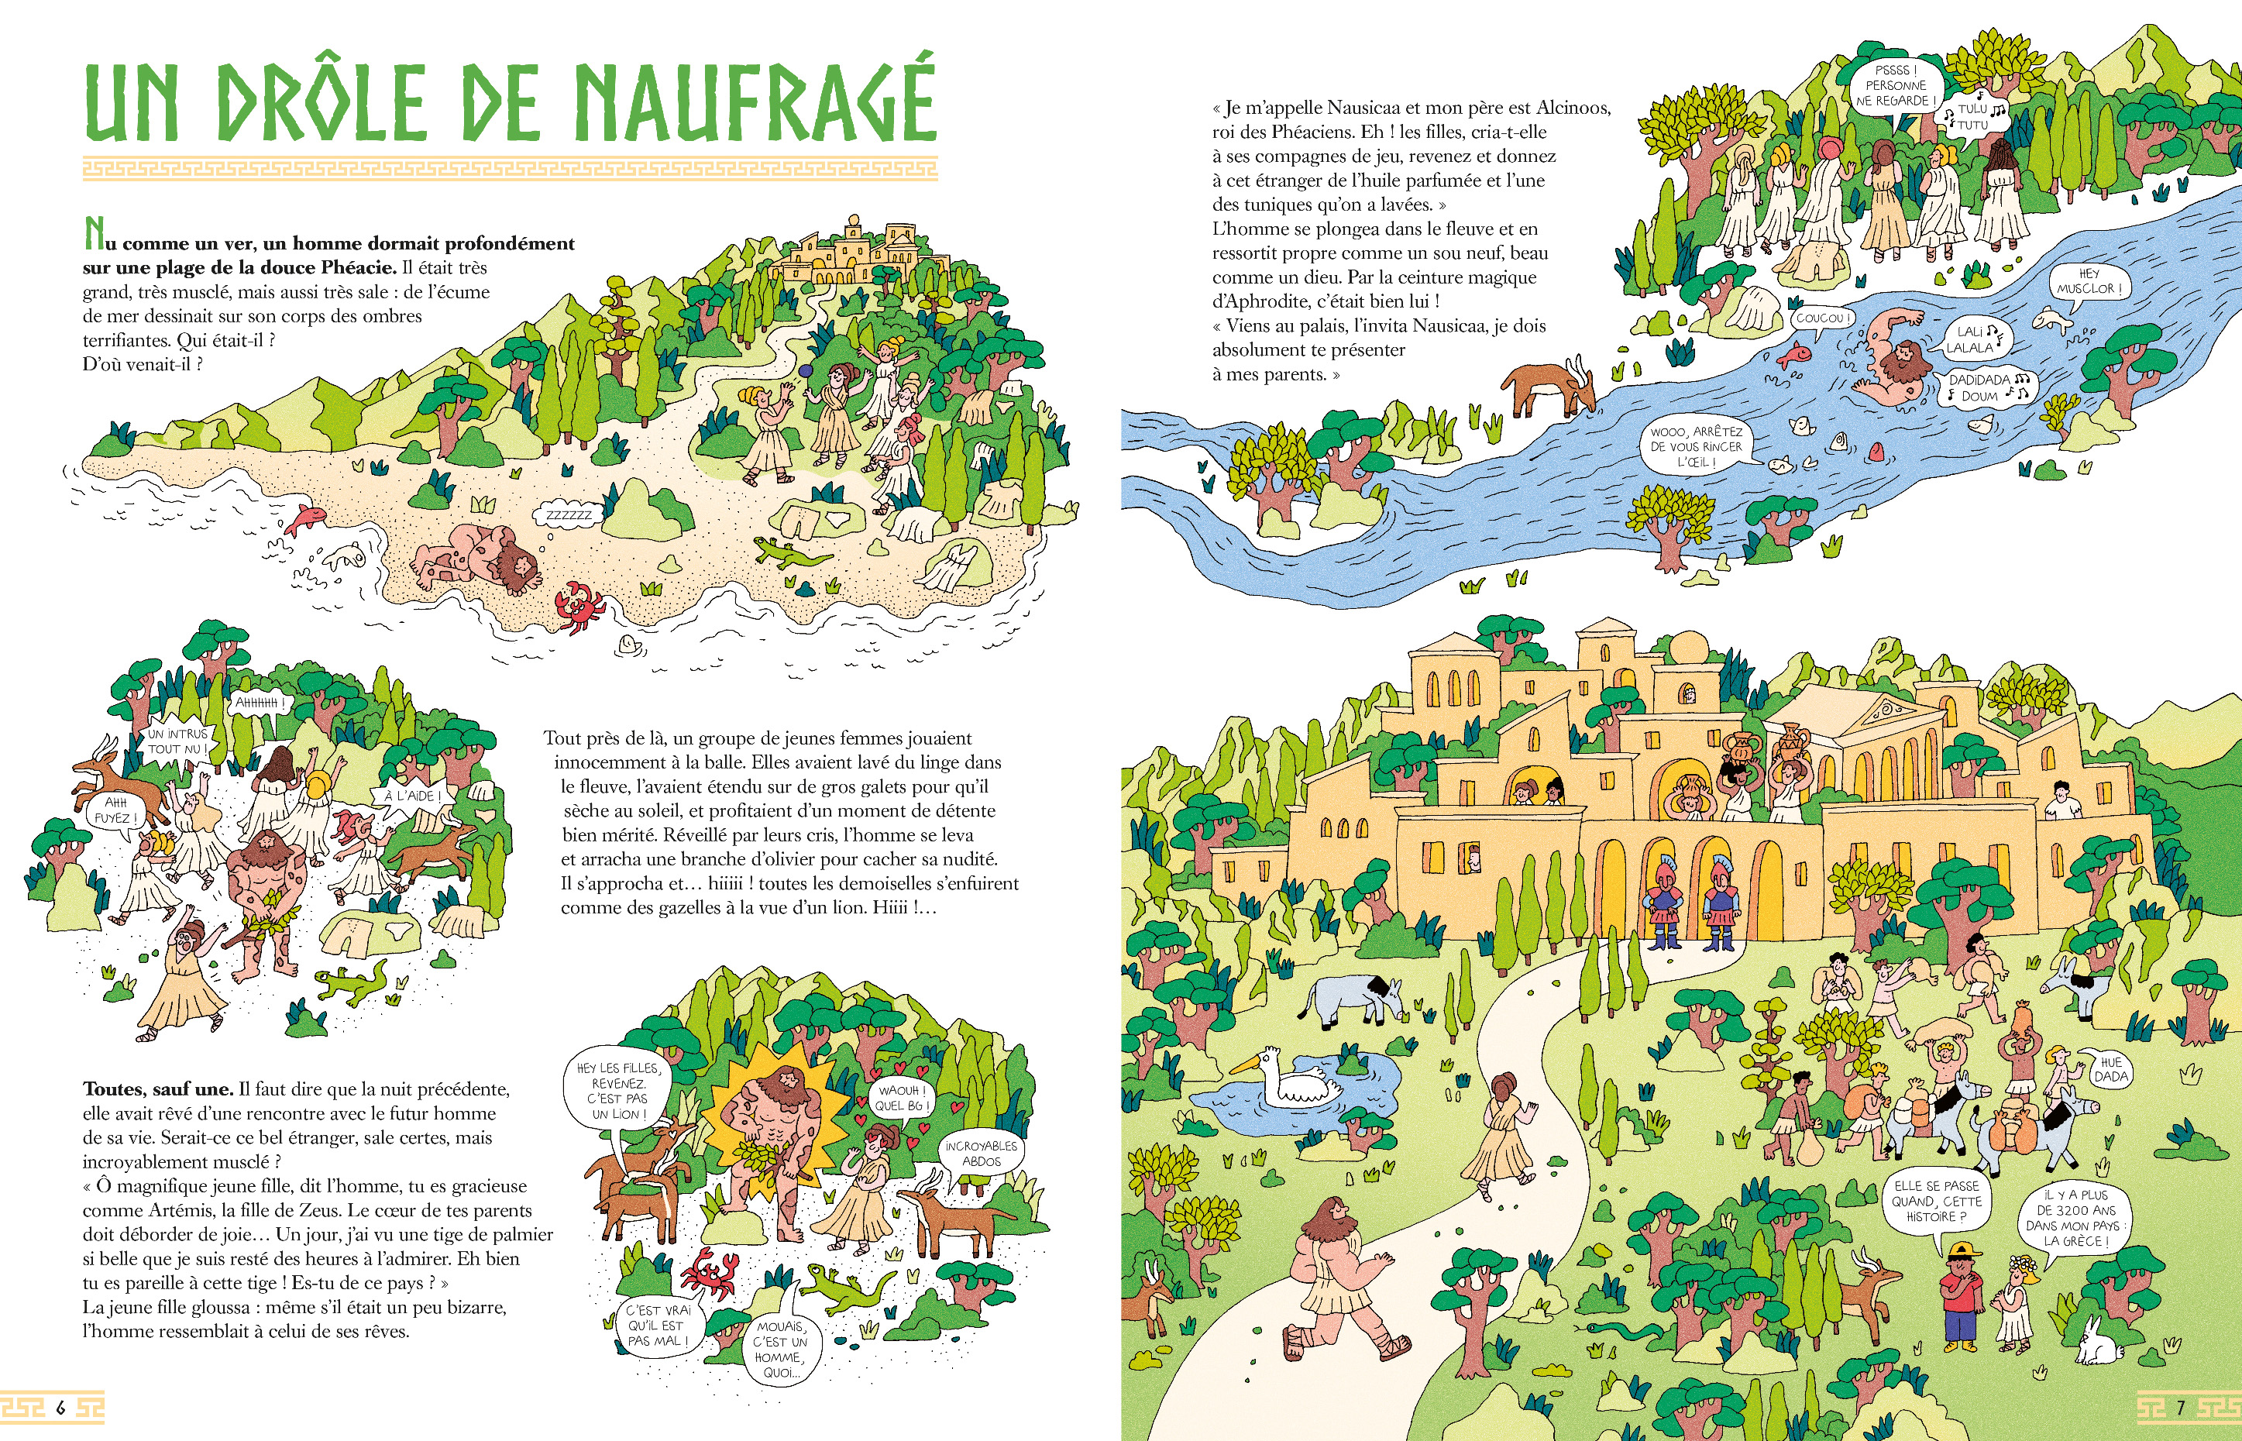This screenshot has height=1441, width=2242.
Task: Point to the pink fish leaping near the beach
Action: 304,518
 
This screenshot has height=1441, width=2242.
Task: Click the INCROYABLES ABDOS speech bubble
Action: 981,1154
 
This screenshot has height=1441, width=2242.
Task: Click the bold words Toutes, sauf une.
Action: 158,1089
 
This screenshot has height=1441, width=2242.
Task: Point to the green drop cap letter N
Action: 94,234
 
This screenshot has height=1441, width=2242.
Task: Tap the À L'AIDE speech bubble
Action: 411,796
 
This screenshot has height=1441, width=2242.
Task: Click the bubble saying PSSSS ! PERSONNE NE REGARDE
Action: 1896,86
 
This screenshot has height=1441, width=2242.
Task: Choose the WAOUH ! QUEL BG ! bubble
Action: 900,1098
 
